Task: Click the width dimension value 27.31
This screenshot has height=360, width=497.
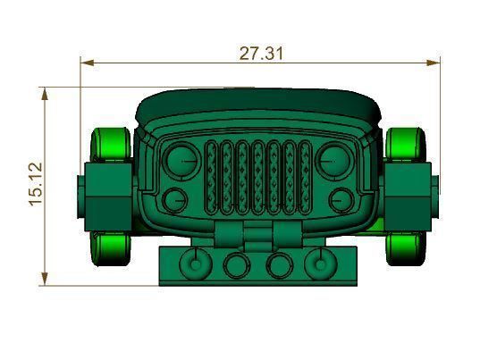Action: pos(261,53)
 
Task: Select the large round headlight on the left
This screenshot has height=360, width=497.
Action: pos(182,159)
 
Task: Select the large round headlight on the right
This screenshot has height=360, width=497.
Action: pos(333,159)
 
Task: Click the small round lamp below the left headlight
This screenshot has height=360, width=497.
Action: pos(176,199)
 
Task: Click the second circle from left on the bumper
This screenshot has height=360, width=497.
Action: pos(237,264)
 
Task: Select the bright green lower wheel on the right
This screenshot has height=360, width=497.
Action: pos(407,246)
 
